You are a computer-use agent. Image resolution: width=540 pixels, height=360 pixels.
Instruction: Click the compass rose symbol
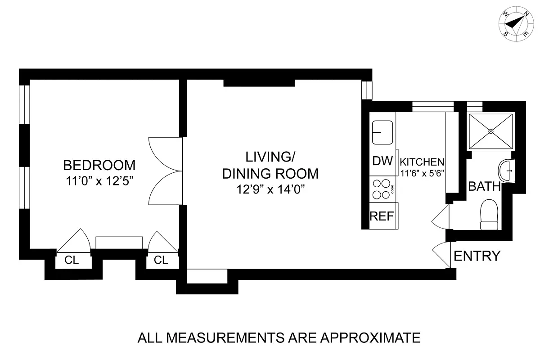(x=516, y=23)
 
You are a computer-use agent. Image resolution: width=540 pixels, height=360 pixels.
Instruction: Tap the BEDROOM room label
(x=99, y=164)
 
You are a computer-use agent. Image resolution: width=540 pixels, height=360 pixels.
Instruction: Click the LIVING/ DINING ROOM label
(x=270, y=165)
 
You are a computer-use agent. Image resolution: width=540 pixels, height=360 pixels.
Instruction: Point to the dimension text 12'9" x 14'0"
(x=270, y=189)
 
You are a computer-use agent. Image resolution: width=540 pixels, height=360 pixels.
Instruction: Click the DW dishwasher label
(x=382, y=161)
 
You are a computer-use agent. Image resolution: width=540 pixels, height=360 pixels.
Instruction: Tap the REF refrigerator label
(x=382, y=216)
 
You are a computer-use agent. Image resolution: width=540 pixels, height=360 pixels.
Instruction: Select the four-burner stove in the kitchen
(x=382, y=189)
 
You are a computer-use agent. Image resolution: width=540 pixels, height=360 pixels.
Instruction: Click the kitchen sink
(x=382, y=132)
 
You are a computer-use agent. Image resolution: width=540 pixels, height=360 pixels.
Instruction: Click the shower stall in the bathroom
(x=491, y=131)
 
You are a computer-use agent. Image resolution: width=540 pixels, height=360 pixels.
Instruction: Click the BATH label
(x=484, y=186)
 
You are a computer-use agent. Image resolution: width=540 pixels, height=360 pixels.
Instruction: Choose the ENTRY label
(x=477, y=256)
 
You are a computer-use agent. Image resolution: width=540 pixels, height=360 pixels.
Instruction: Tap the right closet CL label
(x=161, y=260)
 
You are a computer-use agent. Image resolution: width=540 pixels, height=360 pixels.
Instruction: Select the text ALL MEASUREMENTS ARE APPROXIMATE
(x=279, y=337)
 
